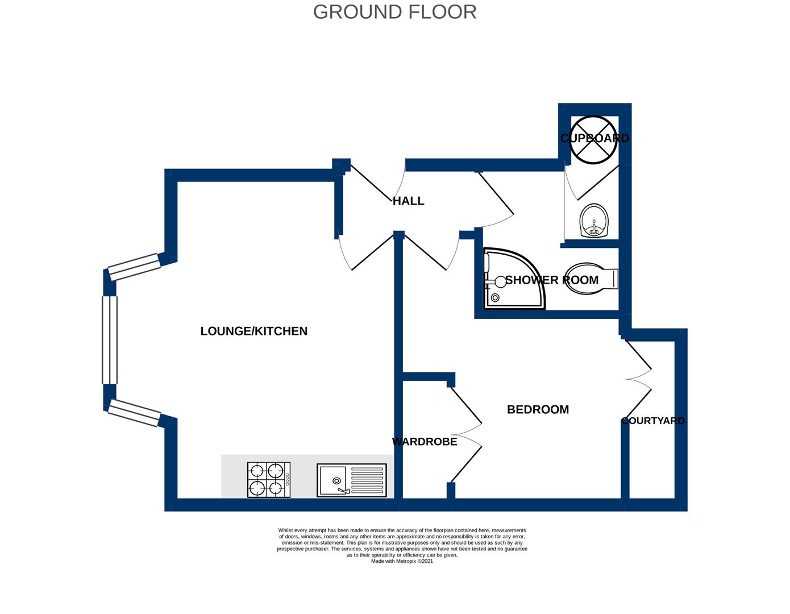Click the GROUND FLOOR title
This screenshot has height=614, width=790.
[394, 12]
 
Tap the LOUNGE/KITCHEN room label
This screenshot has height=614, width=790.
[253, 331]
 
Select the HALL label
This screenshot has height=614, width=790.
[408, 201]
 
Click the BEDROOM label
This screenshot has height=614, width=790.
[538, 409]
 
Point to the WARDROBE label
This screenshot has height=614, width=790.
[425, 442]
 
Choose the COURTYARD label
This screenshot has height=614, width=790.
[652, 421]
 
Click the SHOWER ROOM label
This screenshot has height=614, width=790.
[551, 280]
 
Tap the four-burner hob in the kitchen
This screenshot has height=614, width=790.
[269, 480]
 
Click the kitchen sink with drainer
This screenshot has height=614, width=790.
[352, 480]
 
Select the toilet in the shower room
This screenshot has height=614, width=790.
[590, 279]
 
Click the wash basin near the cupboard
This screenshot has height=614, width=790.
[593, 221]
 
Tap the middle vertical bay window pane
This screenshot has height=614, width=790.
[109, 339]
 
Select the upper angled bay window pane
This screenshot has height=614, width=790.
[134, 267]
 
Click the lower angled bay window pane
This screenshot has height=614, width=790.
[134, 413]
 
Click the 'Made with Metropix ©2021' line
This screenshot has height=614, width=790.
[402, 561]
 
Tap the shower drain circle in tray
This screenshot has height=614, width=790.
[495, 297]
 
